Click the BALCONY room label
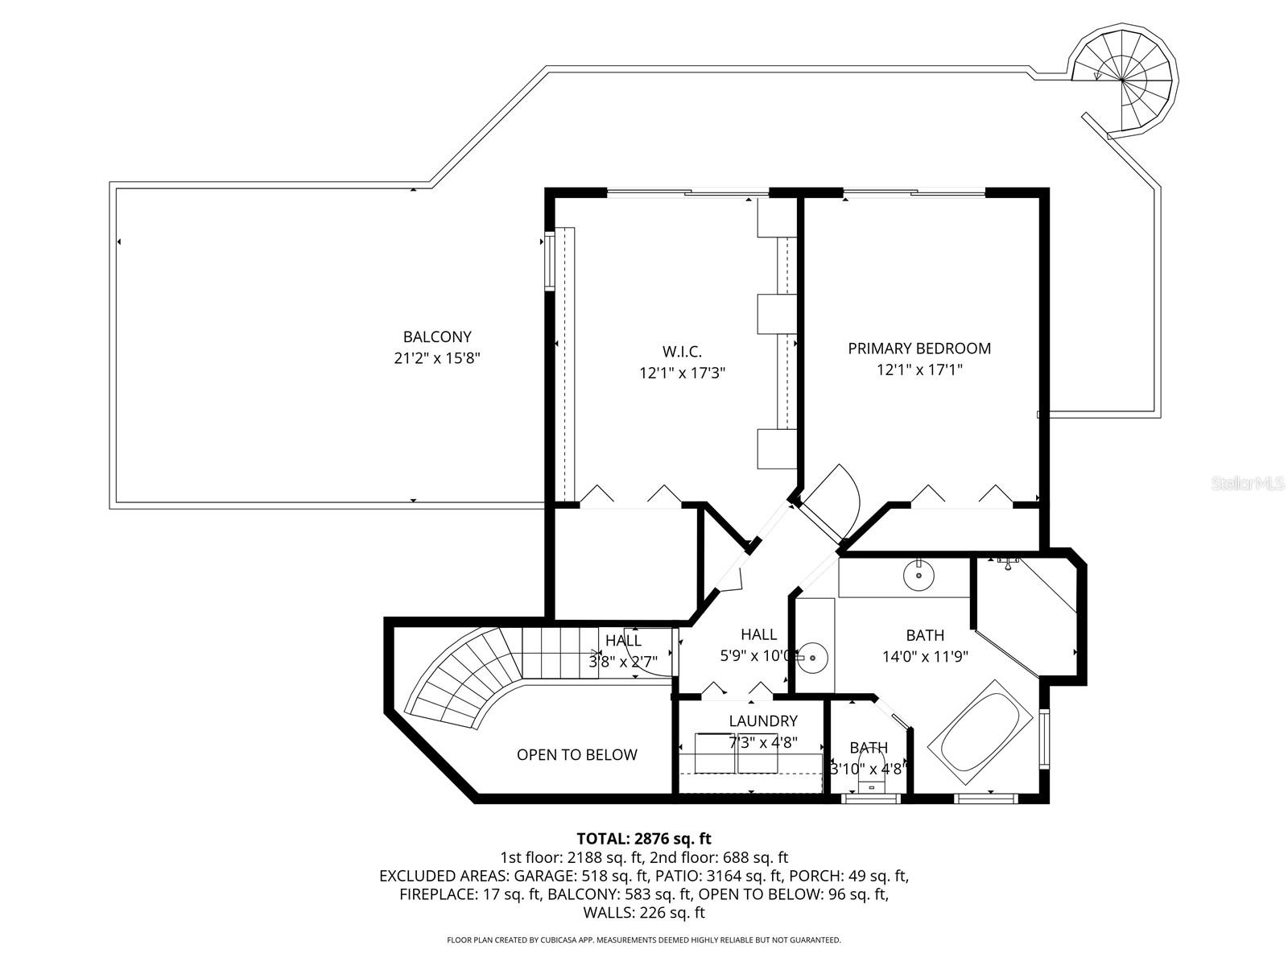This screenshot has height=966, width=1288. coord(437,337)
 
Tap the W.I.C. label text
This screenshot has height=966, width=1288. coord(682,352)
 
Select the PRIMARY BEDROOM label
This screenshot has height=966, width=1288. coord(919,349)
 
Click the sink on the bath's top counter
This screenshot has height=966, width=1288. coord(919,575)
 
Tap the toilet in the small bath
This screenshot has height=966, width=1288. coord(872,770)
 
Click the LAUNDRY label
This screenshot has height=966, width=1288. coord(762,721)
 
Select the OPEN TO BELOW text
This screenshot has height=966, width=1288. coord(576,755)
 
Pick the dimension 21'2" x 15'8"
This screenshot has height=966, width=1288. coord(437,358)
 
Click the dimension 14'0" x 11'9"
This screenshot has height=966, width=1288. coord(925,656)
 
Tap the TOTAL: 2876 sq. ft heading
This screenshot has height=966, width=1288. coord(644,839)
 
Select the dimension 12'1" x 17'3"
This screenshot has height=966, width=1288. coord(682,373)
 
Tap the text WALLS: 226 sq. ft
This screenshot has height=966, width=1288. coord(644,913)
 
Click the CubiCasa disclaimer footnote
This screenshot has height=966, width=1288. coord(644,939)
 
